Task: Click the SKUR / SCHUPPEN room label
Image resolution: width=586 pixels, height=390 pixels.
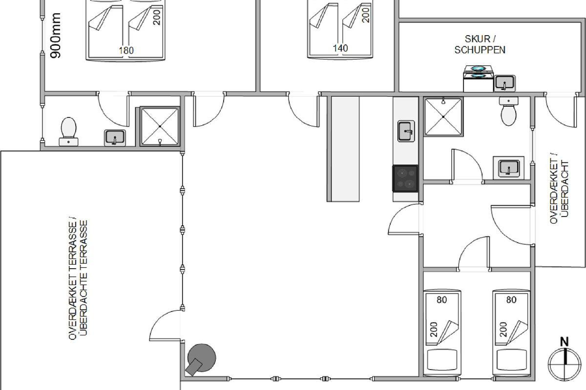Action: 480,44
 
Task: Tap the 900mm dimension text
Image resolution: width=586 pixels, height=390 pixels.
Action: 56,36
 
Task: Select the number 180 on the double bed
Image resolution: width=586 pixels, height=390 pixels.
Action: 126,50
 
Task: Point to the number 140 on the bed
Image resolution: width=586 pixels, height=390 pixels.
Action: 340,48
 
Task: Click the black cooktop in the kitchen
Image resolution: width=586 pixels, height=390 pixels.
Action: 405,178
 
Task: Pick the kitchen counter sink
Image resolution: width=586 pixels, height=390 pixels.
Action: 406,131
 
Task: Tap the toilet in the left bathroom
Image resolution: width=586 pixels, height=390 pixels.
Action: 68,132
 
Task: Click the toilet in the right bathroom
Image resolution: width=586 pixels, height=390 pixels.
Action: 508,111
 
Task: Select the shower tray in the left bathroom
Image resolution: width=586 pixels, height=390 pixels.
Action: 160,126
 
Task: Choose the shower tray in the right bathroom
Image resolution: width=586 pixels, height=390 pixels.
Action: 443,117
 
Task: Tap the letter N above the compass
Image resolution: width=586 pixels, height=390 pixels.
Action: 565,342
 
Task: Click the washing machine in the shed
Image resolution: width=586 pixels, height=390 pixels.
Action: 478,78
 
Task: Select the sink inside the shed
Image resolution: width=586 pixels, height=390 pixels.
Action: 504,83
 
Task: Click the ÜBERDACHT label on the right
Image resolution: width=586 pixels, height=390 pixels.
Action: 565,189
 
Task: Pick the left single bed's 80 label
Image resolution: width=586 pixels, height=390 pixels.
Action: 441,300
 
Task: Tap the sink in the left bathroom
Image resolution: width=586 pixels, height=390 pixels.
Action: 115,138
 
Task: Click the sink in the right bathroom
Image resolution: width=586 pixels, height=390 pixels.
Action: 508,168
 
